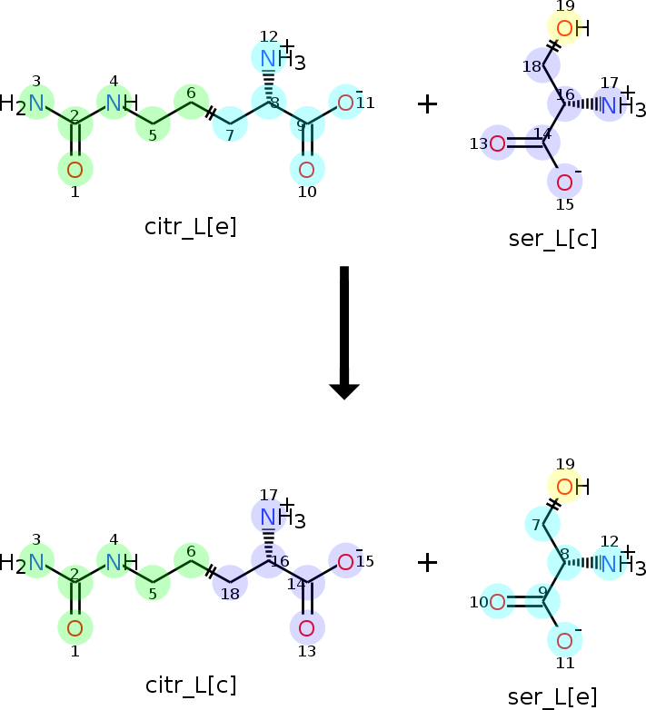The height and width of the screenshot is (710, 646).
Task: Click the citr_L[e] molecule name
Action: point(190,227)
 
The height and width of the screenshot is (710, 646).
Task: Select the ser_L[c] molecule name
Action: point(552,239)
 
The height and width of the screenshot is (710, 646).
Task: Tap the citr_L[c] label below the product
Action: point(191,685)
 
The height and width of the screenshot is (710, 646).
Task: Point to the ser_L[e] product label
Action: point(552,697)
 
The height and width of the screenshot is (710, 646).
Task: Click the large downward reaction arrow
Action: point(344,333)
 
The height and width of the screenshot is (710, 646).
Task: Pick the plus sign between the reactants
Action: point(427,104)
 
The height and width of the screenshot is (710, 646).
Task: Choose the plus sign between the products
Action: point(427,563)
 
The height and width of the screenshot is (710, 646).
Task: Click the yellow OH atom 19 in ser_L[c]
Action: point(572,28)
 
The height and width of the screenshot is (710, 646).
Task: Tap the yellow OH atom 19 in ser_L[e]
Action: point(572,488)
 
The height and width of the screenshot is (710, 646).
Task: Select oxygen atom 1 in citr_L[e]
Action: point(75,170)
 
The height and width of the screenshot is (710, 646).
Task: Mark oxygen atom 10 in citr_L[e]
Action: point(307,170)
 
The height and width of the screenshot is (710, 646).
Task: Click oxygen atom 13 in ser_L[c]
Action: point(497,143)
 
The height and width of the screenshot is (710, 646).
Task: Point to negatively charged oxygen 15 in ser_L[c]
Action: point(564,182)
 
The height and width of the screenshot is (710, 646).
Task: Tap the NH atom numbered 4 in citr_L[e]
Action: point(122,104)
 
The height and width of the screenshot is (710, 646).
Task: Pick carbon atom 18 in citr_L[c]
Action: point(230,582)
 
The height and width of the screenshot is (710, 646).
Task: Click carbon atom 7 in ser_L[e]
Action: point(542,525)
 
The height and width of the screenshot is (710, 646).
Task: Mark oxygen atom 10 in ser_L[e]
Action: point(497,602)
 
